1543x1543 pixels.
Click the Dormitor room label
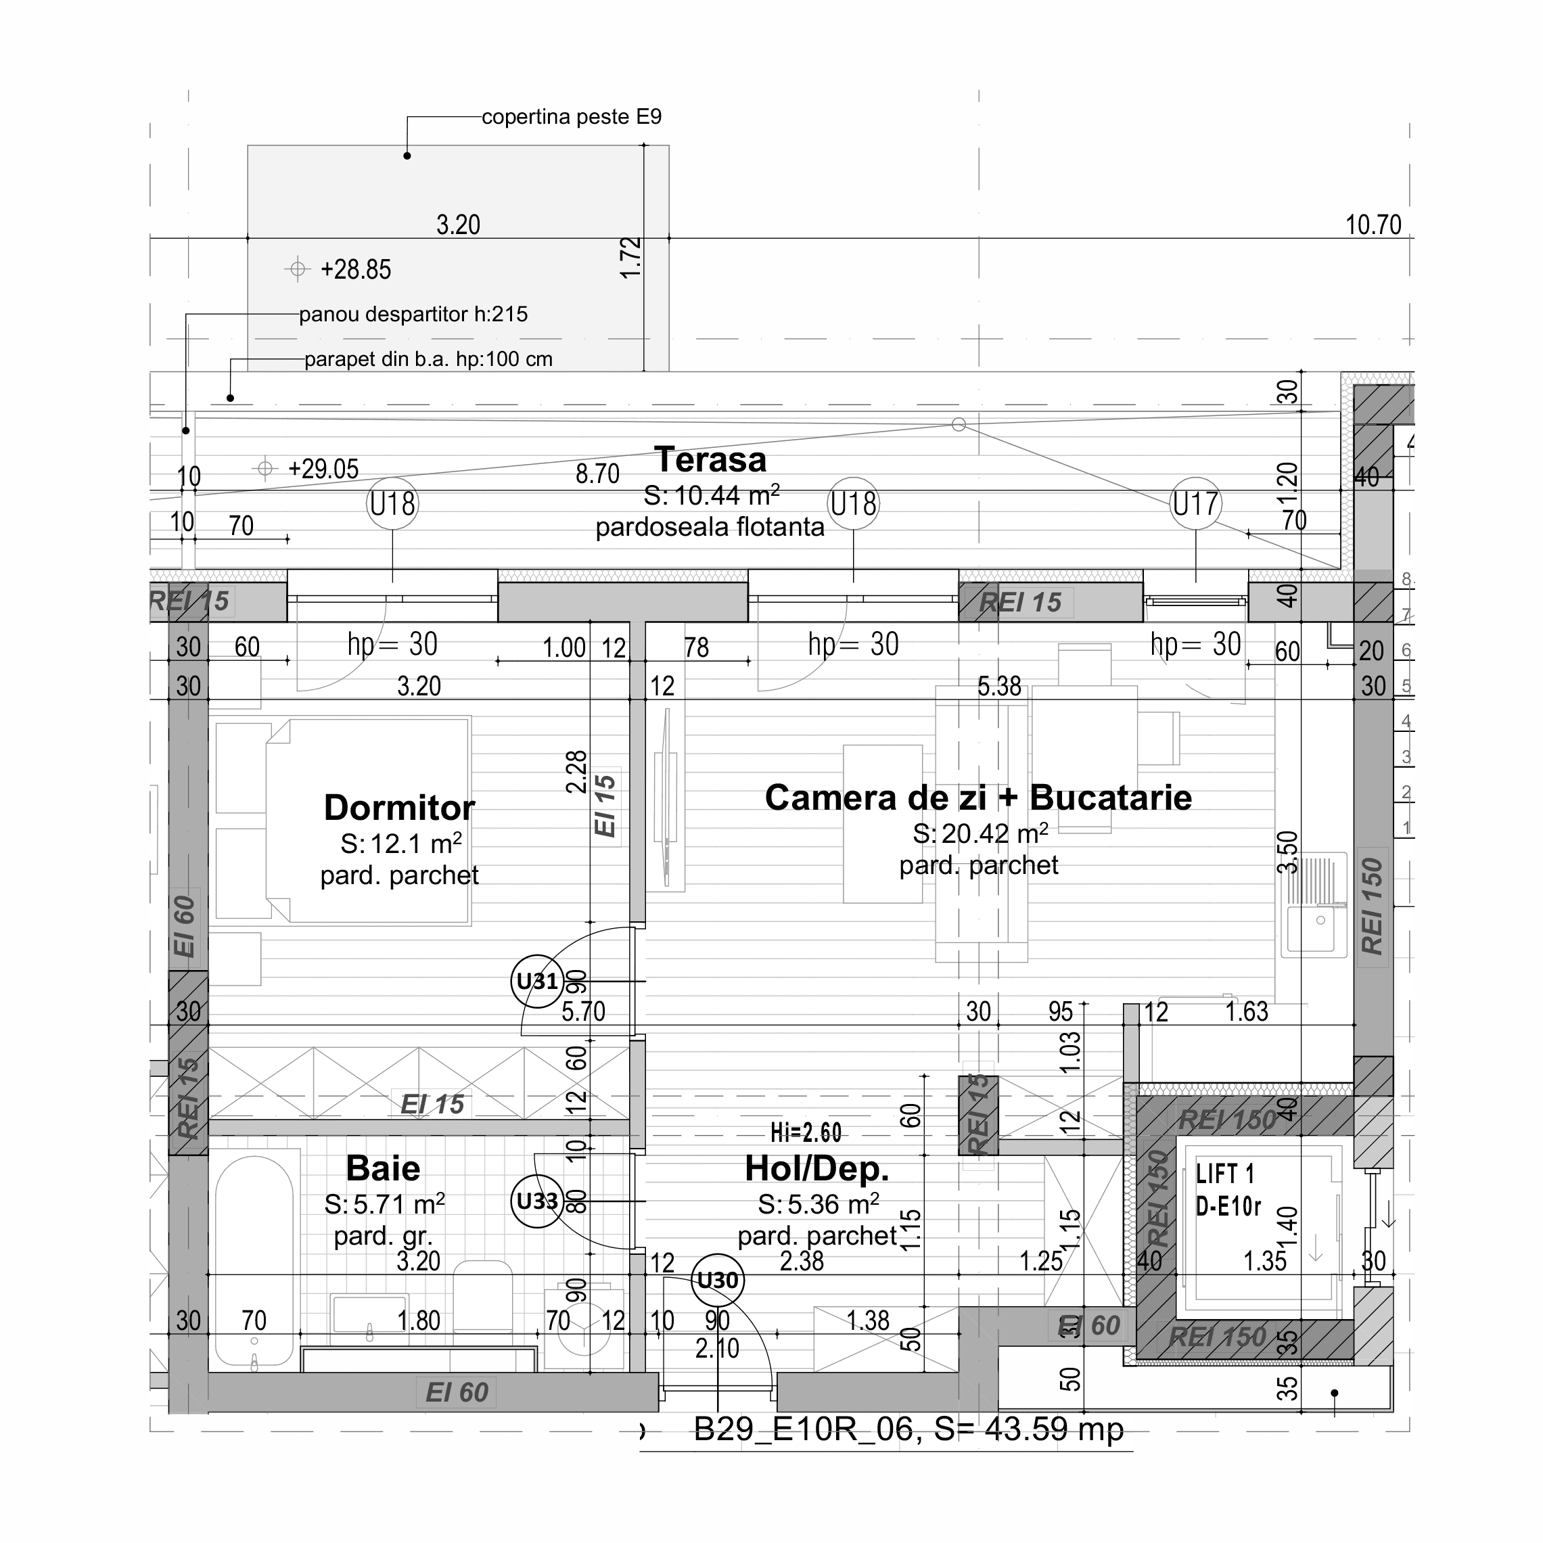tap(398, 808)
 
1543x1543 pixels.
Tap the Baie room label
tap(383, 1168)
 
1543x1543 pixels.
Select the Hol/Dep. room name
tap(816, 1168)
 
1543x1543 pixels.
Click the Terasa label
tap(710, 460)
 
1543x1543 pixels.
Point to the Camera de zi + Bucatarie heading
tap(977, 798)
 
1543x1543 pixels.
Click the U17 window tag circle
tap(1195, 504)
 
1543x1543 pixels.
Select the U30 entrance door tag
tap(717, 1281)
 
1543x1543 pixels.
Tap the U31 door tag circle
tap(536, 982)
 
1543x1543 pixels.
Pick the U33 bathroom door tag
tap(536, 1201)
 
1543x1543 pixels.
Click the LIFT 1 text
tap(1225, 1174)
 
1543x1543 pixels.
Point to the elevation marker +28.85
tap(355, 270)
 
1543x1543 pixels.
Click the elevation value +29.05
tap(323, 469)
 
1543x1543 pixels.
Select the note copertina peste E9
tap(571, 118)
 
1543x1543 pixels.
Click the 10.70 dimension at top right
tap(1373, 225)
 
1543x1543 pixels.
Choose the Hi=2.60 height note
tap(806, 1132)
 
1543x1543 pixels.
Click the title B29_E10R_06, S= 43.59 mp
tap(908, 1429)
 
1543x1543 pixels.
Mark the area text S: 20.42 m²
tap(980, 834)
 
